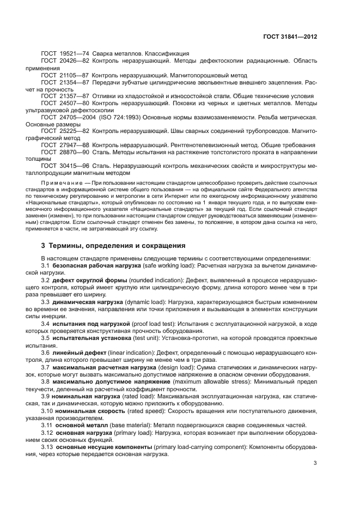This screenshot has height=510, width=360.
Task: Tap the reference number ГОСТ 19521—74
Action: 65,54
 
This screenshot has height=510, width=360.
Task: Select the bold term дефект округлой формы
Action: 90,280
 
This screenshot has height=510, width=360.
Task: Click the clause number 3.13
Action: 48,446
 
